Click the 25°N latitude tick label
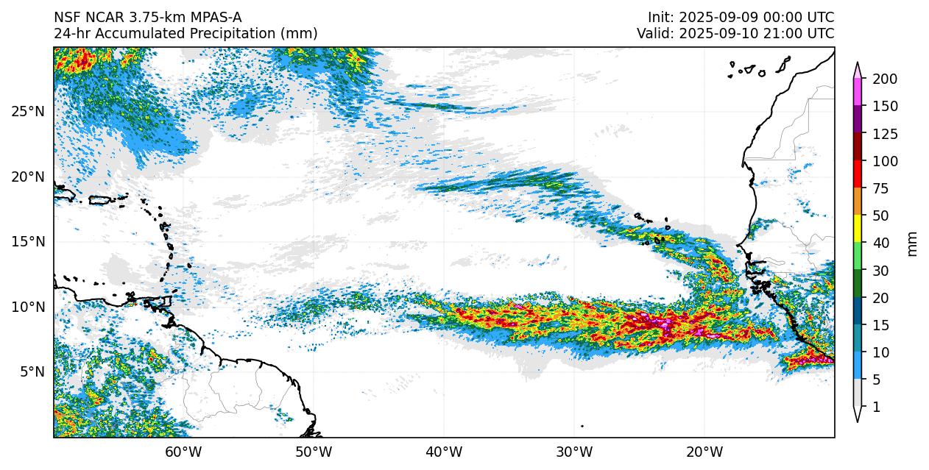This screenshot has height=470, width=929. tap(28, 112)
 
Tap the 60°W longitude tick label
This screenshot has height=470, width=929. tap(183, 452)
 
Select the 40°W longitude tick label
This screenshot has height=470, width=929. tap(444, 452)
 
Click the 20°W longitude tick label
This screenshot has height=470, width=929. tap(704, 452)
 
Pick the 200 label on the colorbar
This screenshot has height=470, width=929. tap(884, 79)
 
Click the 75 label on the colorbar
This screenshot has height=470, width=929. tap(881, 189)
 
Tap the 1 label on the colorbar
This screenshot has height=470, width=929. tap(875, 407)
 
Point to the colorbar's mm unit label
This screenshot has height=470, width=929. tap(913, 243)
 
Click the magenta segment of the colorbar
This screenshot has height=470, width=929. tap(858, 92)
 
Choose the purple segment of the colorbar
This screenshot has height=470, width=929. tap(858, 120)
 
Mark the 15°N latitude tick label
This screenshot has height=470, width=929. tap(28, 242)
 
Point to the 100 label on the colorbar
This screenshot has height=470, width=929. tap(884, 162)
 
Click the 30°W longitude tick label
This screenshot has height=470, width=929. tap(574, 452)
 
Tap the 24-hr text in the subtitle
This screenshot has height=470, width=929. tap(71, 34)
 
